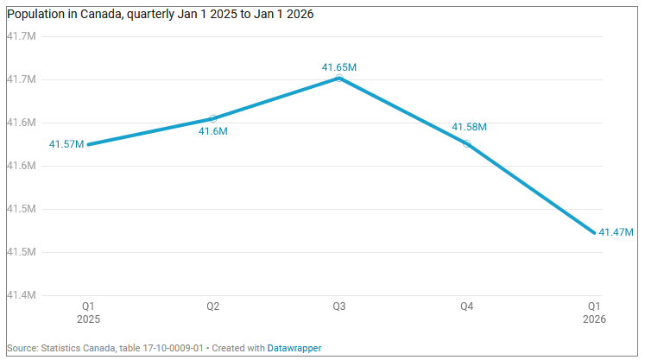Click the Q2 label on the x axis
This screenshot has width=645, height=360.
[x=212, y=306]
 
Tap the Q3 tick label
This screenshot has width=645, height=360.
[x=339, y=306]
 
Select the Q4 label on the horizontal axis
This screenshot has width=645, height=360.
[x=466, y=306]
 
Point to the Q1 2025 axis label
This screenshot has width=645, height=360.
[x=88, y=313]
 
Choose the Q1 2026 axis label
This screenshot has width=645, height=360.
[x=594, y=313]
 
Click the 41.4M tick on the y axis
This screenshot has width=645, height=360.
[x=21, y=295]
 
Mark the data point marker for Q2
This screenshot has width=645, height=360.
[x=213, y=118]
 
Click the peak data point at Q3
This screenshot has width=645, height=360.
[x=339, y=78]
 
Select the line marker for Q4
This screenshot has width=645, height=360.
[x=466, y=143]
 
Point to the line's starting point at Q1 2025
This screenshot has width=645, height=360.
[x=88, y=144]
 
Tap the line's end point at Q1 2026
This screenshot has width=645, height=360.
[x=594, y=232]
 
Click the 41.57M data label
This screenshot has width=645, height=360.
[x=66, y=144]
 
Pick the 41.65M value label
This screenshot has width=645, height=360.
[x=339, y=67]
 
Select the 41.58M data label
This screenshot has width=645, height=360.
[x=469, y=127]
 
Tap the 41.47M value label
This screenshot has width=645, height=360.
[x=616, y=232]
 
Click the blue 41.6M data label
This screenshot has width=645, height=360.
[x=213, y=132]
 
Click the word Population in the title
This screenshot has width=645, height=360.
[x=36, y=15]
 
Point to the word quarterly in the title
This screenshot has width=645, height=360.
[x=150, y=15]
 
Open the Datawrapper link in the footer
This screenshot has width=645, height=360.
[x=294, y=348]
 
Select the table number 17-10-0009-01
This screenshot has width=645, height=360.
[x=173, y=348]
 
